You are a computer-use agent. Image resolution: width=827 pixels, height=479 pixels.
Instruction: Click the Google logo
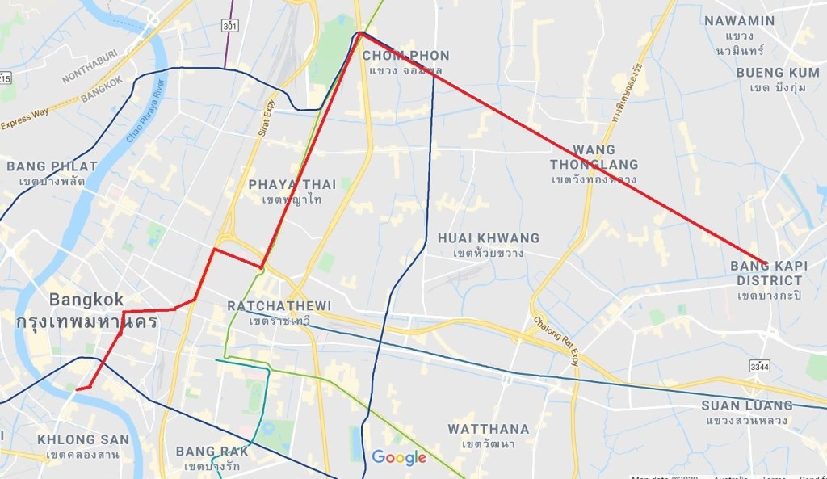pyautogui.click(x=399, y=458)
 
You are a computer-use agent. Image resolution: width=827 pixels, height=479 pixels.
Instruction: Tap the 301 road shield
pyautogui.click(x=231, y=25)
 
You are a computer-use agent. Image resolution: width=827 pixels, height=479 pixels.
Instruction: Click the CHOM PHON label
pyautogui.click(x=405, y=56)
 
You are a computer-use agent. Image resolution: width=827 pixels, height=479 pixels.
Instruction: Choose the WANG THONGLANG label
pyautogui.click(x=594, y=158)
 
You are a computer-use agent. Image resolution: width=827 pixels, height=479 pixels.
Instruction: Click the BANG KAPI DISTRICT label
pyautogui.click(x=769, y=273)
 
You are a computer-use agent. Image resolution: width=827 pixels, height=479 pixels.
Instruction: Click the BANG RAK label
pyautogui.click(x=212, y=452)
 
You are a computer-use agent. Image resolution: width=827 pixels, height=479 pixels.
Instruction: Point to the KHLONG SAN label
pyautogui.click(x=82, y=440)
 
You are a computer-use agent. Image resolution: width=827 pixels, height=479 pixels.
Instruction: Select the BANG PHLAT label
pyautogui.click(x=52, y=166)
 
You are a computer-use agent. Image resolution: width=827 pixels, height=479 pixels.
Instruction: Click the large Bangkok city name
pyautogui.click(x=86, y=300)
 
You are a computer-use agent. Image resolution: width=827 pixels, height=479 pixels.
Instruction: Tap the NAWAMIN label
pyautogui.click(x=739, y=21)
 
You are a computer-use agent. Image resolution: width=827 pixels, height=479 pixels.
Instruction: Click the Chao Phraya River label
pyautogui.click(x=145, y=111)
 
